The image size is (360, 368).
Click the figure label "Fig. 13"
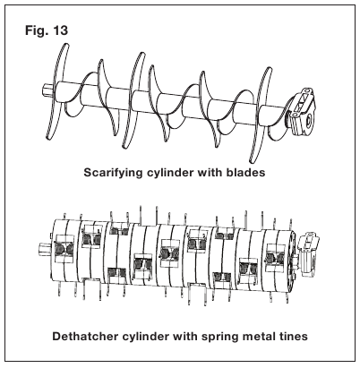coord(47,30)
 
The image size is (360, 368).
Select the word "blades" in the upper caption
coord(245,172)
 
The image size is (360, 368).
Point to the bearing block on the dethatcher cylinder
coord(309,253)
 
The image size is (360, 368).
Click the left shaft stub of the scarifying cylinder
coord(47,90)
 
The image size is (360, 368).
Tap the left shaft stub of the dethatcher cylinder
coord(44,249)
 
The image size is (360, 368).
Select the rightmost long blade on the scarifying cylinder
coord(261,114)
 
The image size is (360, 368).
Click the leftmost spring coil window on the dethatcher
coord(64,248)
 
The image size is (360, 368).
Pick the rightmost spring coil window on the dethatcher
coord(276,258)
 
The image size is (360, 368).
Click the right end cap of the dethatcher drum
coord(291,257)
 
